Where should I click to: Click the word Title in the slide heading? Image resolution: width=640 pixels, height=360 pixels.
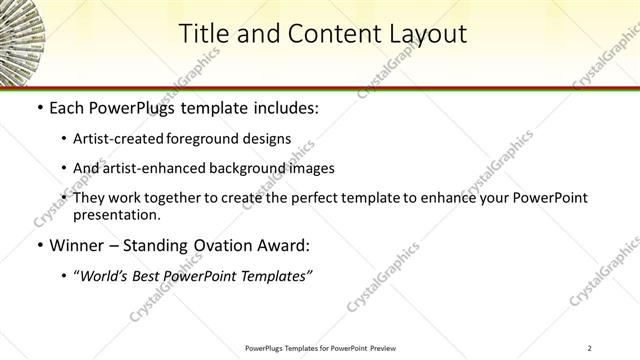point(203,34)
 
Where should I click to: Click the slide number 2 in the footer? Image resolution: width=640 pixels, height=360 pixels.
point(590,348)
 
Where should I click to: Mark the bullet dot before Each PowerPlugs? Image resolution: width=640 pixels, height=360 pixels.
point(39,106)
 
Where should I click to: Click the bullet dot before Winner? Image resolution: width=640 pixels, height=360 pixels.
point(39,245)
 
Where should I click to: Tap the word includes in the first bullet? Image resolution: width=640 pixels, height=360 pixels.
point(284,106)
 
